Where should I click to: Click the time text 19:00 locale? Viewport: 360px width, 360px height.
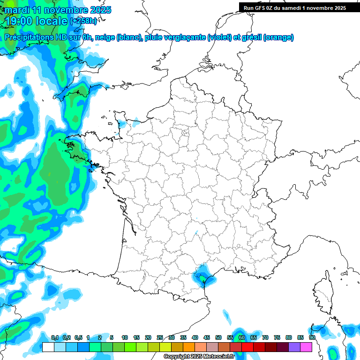36,21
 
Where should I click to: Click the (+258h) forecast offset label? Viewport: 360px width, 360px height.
83,21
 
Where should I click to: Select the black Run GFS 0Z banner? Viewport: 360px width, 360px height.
294,7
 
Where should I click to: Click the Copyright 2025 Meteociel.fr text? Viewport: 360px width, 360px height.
198,357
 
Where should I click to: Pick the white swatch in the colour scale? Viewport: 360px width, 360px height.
48,347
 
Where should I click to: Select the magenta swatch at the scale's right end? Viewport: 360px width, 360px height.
307,347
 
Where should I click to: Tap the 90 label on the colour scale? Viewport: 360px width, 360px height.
312,337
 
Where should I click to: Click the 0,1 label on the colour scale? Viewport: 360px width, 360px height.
54,337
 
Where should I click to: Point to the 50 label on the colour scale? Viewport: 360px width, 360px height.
218,337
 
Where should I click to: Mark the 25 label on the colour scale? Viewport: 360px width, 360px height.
160,337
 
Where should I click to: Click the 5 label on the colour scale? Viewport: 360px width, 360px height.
112,337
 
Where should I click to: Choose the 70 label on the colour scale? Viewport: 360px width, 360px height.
265,337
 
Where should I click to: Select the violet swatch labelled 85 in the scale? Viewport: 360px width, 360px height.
295,347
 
